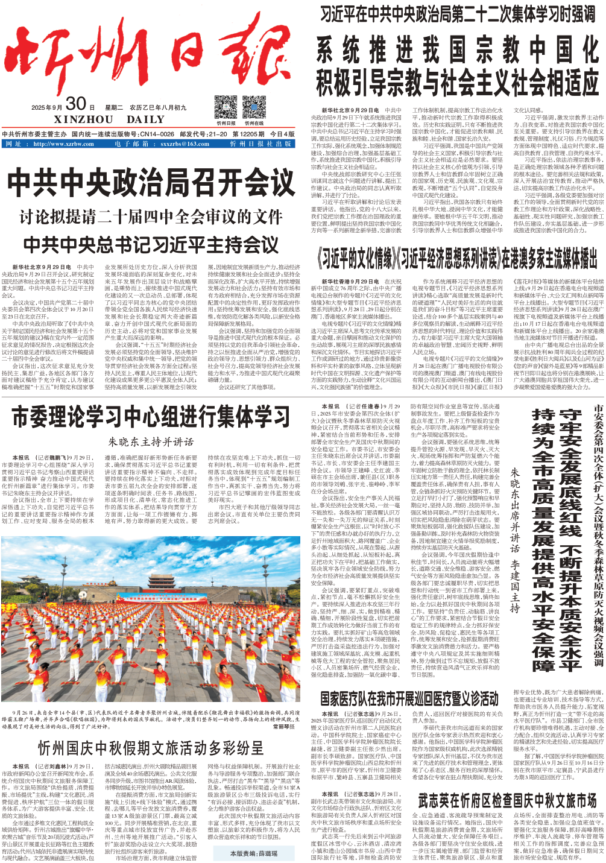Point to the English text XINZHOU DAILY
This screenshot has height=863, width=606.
(109, 119)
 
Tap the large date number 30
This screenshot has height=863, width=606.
(76, 104)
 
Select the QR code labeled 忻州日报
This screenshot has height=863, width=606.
(226, 107)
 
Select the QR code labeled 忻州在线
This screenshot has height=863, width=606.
(254, 107)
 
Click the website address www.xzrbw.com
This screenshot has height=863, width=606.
(63, 144)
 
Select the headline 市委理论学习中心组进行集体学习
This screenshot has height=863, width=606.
(151, 417)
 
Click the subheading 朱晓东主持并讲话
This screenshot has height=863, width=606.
(151, 442)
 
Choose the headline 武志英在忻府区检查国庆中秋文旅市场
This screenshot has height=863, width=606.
(507, 800)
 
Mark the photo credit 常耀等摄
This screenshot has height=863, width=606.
(283, 727)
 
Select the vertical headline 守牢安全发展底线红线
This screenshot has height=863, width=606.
(570, 470)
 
